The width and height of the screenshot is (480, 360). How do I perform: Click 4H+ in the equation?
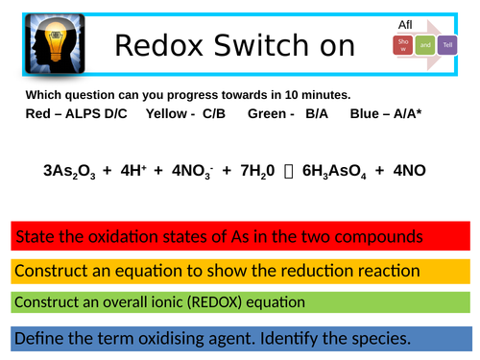click(x=131, y=172)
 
